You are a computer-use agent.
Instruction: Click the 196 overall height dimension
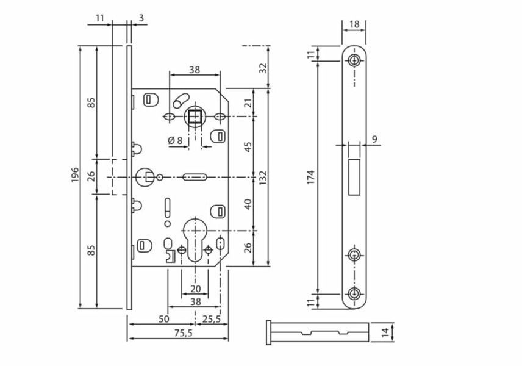coord(75,174)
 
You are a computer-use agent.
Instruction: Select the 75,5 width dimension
coord(183,333)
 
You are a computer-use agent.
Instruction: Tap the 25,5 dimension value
coord(212,319)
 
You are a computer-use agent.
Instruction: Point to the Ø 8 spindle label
coord(176,140)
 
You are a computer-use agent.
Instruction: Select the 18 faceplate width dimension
coord(355,24)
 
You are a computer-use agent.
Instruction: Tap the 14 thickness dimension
coord(385,332)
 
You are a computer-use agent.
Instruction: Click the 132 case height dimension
coord(263,178)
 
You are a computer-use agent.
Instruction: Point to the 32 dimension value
coord(263,68)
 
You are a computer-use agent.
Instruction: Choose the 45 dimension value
coord(248,147)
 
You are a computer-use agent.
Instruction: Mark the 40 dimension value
coord(248,204)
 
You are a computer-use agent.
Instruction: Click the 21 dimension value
coord(248,103)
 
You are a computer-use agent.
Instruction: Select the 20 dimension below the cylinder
coord(195,289)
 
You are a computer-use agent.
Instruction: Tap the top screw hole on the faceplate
coord(354,60)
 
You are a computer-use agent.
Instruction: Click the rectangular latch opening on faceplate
coord(354,177)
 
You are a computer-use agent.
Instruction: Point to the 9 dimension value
coord(375,139)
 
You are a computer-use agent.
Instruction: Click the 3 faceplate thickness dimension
coord(141,18)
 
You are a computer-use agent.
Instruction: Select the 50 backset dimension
coord(164,319)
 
